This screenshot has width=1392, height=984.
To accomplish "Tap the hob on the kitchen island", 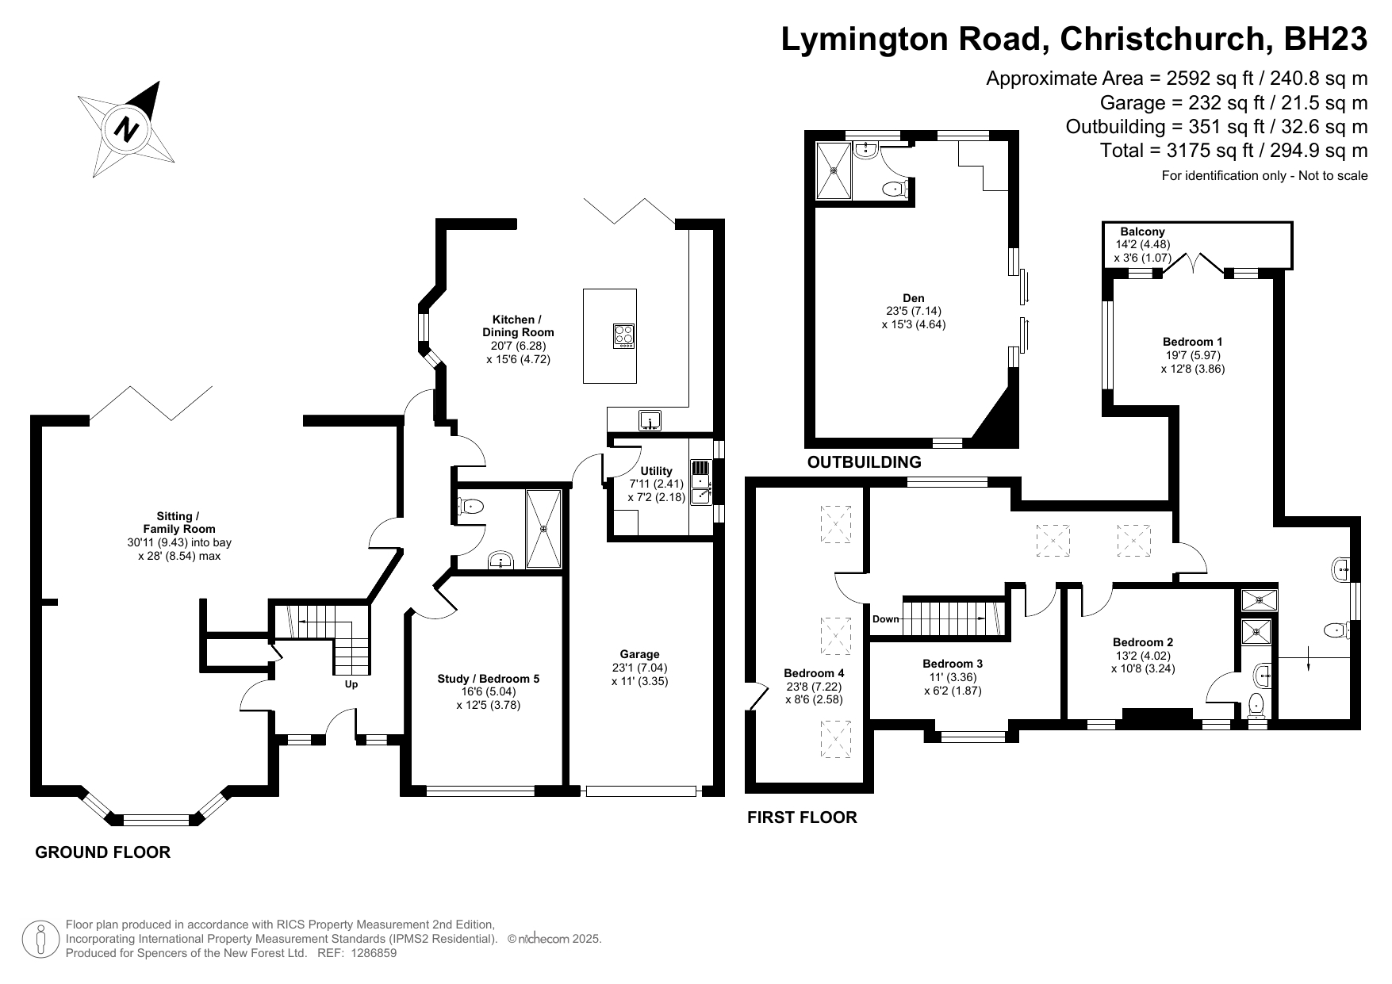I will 624,336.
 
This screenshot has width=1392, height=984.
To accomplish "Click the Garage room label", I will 639,654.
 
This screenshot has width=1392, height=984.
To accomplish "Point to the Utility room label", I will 656,471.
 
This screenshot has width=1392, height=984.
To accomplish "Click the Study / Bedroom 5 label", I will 488,679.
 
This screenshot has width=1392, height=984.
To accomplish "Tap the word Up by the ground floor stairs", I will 351,684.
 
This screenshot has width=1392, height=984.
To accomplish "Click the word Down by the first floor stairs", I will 886,619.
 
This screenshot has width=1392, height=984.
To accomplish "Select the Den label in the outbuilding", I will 913,298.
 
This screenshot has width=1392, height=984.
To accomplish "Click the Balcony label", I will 1142,232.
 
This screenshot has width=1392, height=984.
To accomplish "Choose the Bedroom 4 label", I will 813,673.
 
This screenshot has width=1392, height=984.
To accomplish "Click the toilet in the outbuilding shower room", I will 896,189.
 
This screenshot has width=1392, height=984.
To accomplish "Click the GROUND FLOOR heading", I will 103,852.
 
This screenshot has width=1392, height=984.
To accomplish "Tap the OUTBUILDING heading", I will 864,461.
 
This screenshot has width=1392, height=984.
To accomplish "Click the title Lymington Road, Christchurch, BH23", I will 1074,39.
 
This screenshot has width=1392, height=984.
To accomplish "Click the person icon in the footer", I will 40,939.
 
